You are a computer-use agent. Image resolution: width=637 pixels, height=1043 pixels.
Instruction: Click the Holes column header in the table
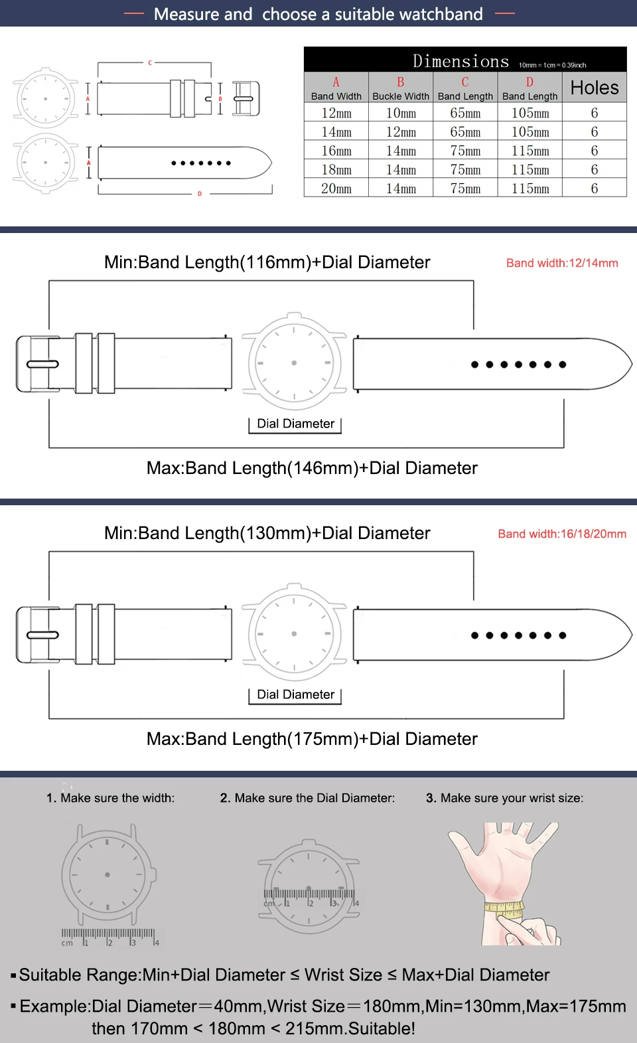tap(595, 88)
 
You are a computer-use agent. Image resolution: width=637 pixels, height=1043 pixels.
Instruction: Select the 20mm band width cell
tap(336, 189)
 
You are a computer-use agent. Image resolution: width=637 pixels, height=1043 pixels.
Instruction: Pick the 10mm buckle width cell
tap(401, 113)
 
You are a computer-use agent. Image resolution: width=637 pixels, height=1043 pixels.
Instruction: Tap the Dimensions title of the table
tap(460, 61)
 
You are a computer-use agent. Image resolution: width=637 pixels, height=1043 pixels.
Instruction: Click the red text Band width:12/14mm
tap(562, 263)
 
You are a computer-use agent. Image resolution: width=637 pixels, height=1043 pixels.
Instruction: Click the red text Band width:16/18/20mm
tap(562, 534)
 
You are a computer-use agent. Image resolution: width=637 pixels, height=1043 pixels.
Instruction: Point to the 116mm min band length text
tap(267, 262)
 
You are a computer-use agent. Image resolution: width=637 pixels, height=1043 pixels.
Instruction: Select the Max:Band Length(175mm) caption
tap(312, 739)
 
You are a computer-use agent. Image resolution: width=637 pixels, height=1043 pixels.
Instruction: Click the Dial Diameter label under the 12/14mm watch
tap(295, 424)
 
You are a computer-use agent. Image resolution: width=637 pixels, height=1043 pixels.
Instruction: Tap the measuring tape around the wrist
tap(504, 909)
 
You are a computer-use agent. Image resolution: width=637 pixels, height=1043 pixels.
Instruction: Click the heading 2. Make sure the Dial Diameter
tap(307, 798)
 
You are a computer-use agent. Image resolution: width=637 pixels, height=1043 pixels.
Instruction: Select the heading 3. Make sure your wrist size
tap(504, 798)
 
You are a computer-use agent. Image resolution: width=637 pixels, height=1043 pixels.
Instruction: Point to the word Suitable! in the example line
tap(382, 1028)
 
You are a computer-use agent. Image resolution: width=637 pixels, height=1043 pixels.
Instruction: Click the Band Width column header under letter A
tap(336, 96)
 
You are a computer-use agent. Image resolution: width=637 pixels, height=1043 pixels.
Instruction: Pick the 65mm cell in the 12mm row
tap(465, 113)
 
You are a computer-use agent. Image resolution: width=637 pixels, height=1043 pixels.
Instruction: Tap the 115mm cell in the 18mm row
tap(530, 170)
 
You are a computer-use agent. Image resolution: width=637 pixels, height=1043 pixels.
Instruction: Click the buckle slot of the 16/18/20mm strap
tap(42, 635)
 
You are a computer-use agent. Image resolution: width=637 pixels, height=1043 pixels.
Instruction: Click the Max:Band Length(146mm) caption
tap(312, 468)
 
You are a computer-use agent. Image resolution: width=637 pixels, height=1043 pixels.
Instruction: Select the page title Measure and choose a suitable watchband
tap(318, 14)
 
